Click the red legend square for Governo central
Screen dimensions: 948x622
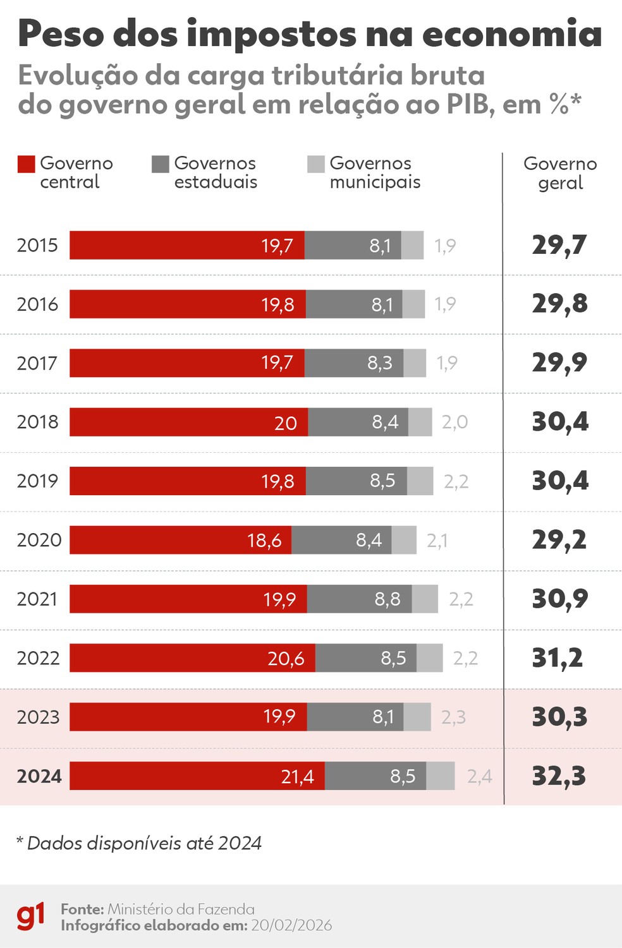27,164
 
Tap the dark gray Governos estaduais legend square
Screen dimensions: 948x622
161,164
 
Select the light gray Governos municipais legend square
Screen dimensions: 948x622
316,164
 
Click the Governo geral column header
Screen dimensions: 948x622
560,173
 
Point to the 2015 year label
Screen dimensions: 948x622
37,245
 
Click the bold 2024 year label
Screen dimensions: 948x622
39,776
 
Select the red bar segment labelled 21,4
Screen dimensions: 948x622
197,776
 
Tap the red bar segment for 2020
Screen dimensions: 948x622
181,540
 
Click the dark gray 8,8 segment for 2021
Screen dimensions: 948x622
359,599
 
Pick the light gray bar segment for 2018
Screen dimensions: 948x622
420,422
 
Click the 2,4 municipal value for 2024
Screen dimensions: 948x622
480,776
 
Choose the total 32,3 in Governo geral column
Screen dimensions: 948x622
559,776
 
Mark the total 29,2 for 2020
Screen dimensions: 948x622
559,540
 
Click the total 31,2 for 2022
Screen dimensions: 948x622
558,658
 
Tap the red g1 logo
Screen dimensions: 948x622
30,916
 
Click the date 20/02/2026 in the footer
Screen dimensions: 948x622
291,925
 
